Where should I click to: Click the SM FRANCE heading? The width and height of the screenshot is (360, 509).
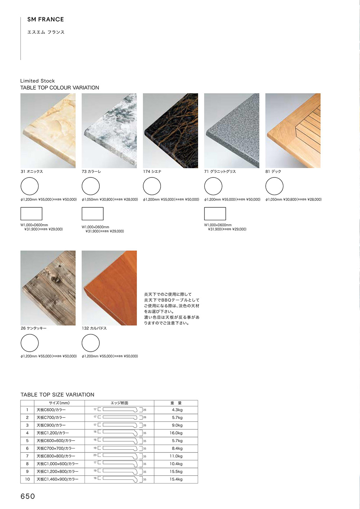point(46,19)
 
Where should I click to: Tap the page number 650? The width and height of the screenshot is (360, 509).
point(28,496)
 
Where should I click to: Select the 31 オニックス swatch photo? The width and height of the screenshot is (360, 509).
point(48,131)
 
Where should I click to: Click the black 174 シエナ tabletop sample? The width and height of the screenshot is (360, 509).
point(170,131)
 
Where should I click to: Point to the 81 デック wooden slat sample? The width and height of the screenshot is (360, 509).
point(293,131)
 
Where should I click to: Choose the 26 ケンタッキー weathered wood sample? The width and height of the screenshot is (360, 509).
point(48,288)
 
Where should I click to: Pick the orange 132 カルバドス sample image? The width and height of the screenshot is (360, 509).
point(109,288)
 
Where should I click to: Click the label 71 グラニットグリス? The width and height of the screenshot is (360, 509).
point(220,172)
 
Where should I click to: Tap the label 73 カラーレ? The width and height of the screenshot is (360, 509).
point(91,172)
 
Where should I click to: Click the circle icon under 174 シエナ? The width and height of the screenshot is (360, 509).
point(152,186)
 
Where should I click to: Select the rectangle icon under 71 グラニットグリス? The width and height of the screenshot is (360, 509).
point(215,214)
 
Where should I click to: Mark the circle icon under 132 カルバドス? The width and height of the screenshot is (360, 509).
point(91,343)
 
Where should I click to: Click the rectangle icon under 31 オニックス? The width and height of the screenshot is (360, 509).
point(31,214)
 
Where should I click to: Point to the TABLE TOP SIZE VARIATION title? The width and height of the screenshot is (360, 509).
point(57,395)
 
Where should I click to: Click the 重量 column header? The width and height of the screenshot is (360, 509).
point(176,403)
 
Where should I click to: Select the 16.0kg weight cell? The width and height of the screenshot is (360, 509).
point(176,433)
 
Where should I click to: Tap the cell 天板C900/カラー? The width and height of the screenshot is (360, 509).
point(51,425)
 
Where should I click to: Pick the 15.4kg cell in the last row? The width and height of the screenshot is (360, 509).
point(176,479)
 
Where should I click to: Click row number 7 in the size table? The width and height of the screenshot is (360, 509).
point(27,456)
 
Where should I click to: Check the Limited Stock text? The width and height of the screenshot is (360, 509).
point(37,81)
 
